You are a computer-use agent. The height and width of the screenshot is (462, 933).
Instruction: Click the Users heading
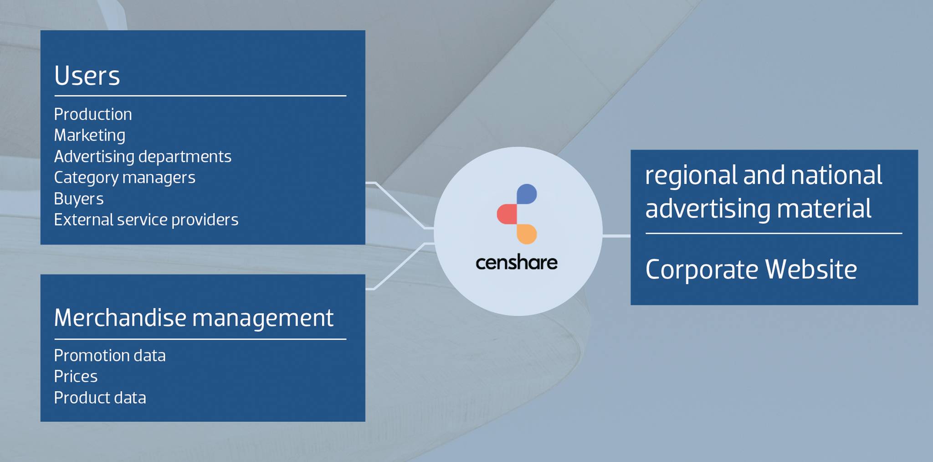click(87, 75)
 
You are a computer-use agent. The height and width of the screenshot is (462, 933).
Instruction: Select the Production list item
click(93, 114)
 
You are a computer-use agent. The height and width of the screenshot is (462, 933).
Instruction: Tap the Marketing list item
click(90, 135)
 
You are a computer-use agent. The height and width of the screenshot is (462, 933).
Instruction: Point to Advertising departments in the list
click(143, 156)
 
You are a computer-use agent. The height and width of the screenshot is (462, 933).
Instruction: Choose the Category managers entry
click(124, 177)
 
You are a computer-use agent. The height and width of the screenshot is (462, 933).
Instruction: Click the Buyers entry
click(79, 199)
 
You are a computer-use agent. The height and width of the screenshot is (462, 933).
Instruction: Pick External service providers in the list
click(146, 220)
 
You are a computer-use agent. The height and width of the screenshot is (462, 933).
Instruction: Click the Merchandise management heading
click(194, 318)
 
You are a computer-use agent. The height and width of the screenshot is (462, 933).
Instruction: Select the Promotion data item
click(110, 355)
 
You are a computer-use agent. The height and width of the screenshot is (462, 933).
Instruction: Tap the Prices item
click(76, 376)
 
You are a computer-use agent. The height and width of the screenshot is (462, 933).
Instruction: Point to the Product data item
click(100, 398)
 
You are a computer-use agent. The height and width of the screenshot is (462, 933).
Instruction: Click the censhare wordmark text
click(517, 263)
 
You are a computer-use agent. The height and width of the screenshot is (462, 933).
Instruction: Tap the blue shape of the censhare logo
click(527, 194)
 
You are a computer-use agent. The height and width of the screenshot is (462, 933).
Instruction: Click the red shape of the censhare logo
click(507, 214)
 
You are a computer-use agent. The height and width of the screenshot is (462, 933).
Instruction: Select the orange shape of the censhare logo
click(527, 234)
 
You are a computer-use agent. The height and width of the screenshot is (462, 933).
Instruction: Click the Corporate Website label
click(751, 270)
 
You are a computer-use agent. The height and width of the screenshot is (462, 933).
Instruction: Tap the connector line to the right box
click(616, 236)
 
